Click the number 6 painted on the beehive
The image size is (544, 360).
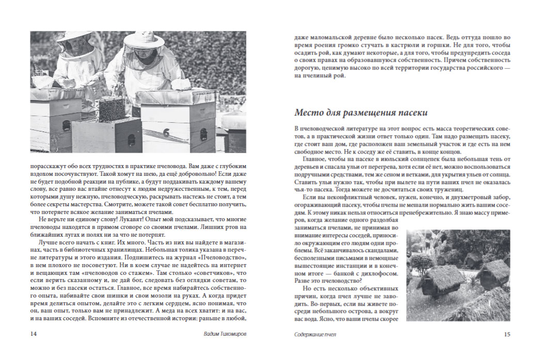(166, 133)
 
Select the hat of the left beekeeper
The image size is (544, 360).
(75, 38)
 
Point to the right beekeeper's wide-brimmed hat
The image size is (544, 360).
(143, 41)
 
